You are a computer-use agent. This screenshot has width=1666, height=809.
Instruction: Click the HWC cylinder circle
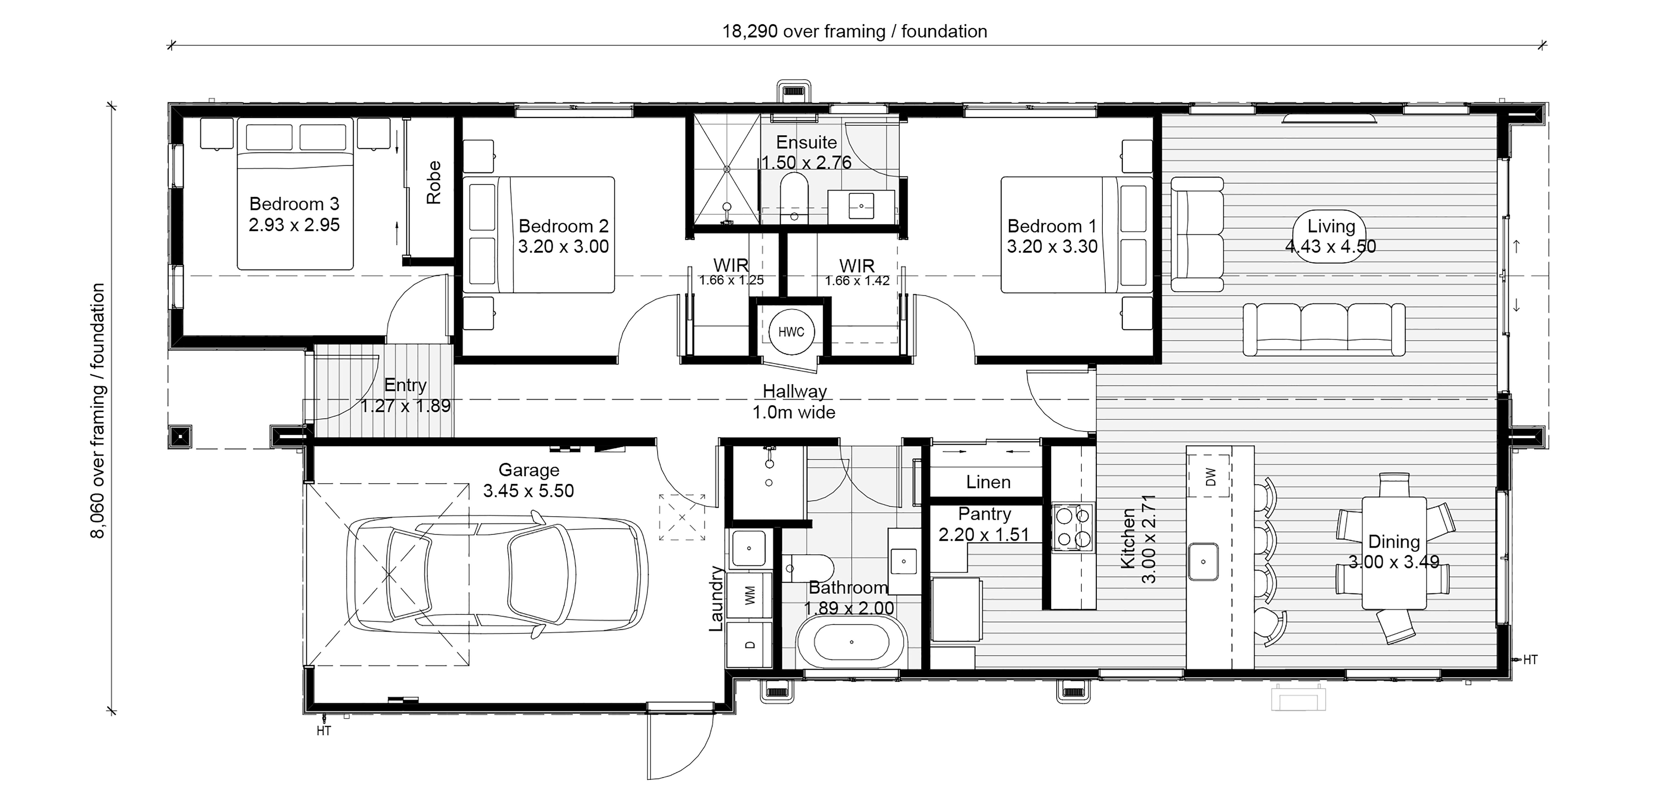point(791,332)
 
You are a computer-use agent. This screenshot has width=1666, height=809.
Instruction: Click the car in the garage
point(497,574)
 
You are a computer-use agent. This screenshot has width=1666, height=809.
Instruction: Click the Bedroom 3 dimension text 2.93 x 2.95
point(294,225)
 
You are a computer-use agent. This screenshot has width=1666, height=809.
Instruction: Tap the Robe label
point(433,182)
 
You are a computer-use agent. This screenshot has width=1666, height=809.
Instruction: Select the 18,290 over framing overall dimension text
point(854,31)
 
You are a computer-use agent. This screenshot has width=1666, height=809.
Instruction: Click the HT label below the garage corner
point(323,731)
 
